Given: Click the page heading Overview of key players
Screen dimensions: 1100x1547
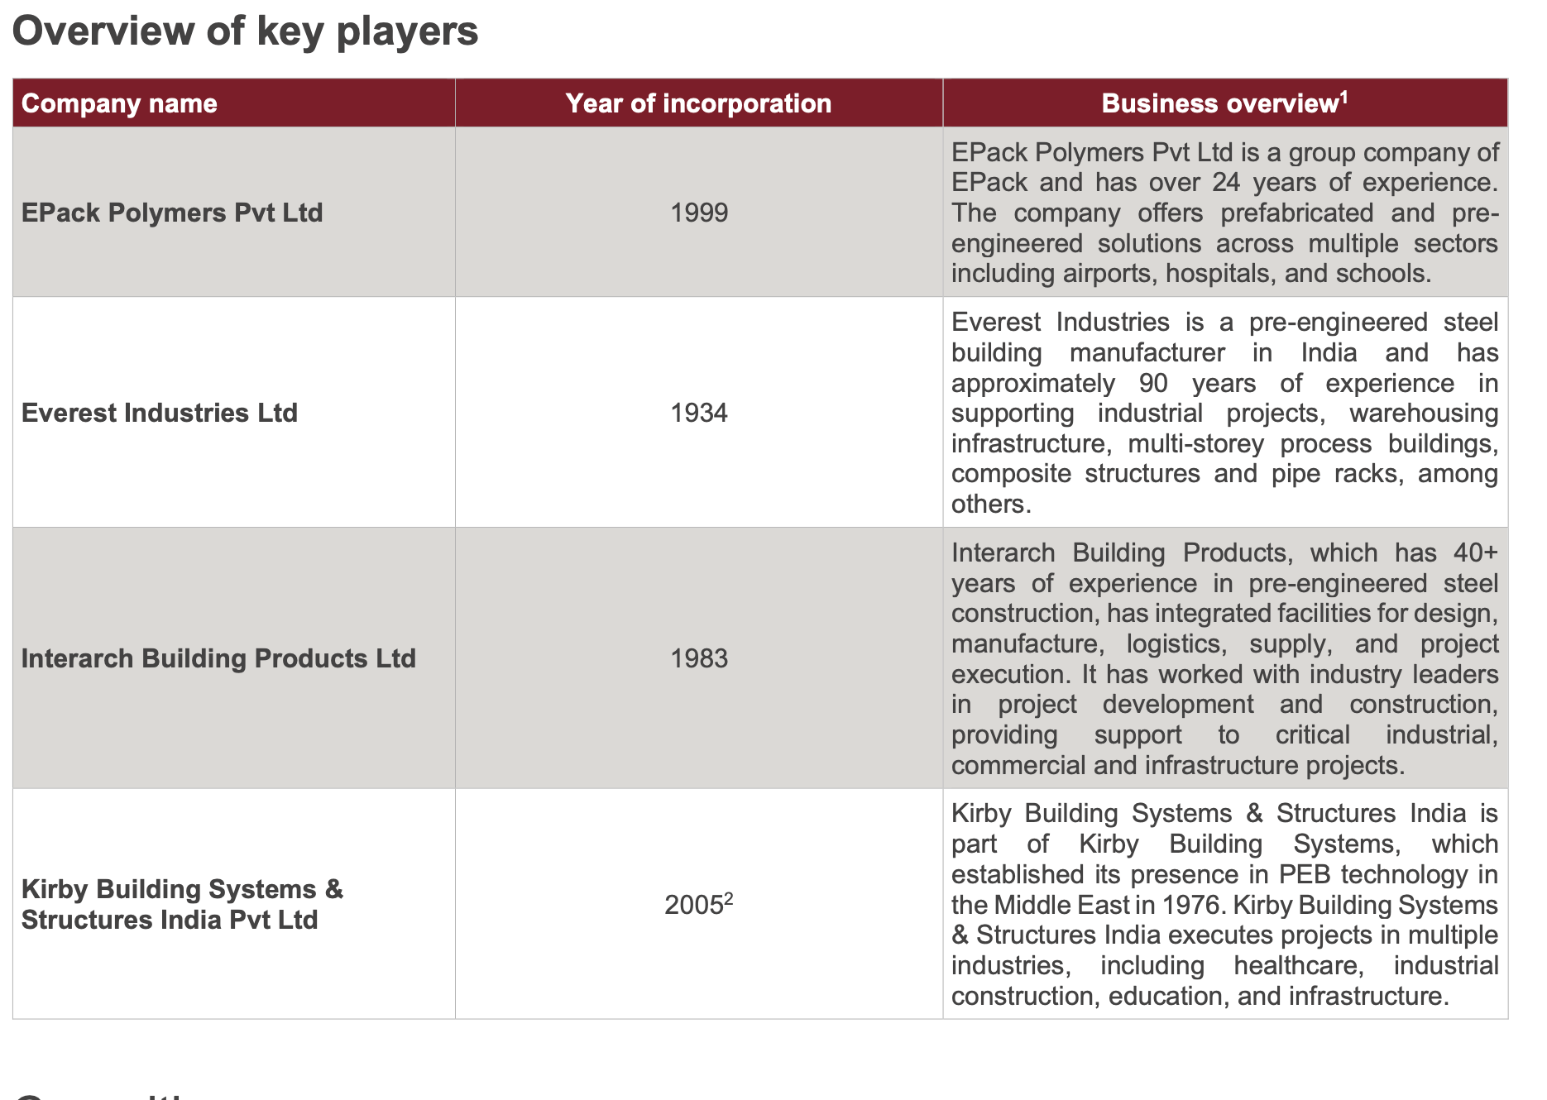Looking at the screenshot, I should click(x=245, y=31).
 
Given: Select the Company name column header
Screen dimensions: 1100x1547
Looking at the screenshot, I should click(x=119, y=103).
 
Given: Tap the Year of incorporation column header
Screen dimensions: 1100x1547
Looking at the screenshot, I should click(x=698, y=103).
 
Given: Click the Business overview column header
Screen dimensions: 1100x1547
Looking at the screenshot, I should click(x=1219, y=103).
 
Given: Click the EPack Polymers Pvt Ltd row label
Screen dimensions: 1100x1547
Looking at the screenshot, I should click(x=172, y=213).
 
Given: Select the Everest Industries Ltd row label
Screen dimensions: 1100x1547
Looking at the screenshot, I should click(x=160, y=413).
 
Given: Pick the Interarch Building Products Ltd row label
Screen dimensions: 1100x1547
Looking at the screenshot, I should click(x=218, y=658).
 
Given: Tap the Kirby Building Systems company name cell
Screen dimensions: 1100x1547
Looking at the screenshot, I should click(x=182, y=904).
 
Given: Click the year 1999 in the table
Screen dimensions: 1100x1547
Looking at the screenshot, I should click(x=699, y=213).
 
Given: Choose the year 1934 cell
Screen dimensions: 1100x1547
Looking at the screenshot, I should click(x=699, y=413).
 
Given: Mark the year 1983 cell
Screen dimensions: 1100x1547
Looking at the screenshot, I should click(x=699, y=658).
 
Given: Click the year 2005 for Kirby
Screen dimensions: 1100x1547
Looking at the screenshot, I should click(x=694, y=906).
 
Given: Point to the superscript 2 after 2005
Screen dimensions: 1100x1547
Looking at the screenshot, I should click(x=729, y=897).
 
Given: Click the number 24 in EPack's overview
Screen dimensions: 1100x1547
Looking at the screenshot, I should click(x=1226, y=182).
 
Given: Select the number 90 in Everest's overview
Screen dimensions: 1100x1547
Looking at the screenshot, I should click(x=1153, y=383).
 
